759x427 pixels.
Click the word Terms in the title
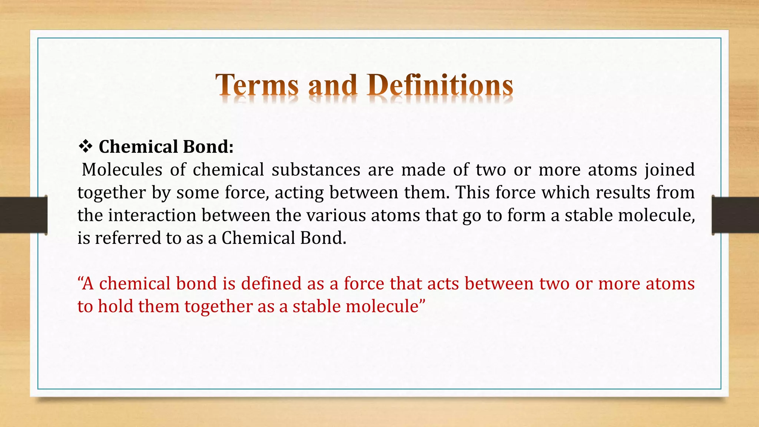tap(257, 85)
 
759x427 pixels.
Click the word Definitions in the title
tap(440, 85)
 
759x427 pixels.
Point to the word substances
tap(316, 170)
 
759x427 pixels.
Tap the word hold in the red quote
tap(115, 307)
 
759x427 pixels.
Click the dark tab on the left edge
tap(23, 215)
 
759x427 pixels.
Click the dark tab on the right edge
tap(735, 215)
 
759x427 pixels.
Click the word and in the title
tap(332, 85)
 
